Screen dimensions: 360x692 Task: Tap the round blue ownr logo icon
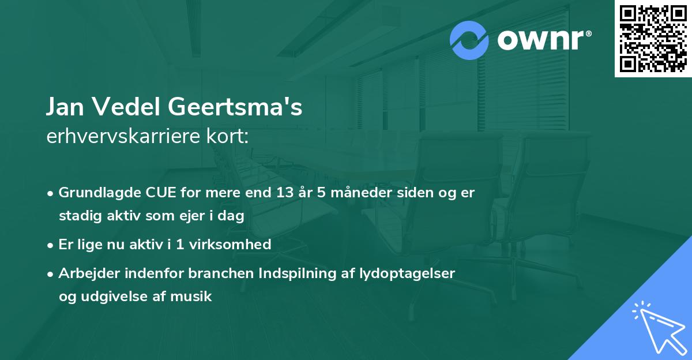(x=469, y=40)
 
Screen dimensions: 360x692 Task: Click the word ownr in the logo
(x=540, y=40)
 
